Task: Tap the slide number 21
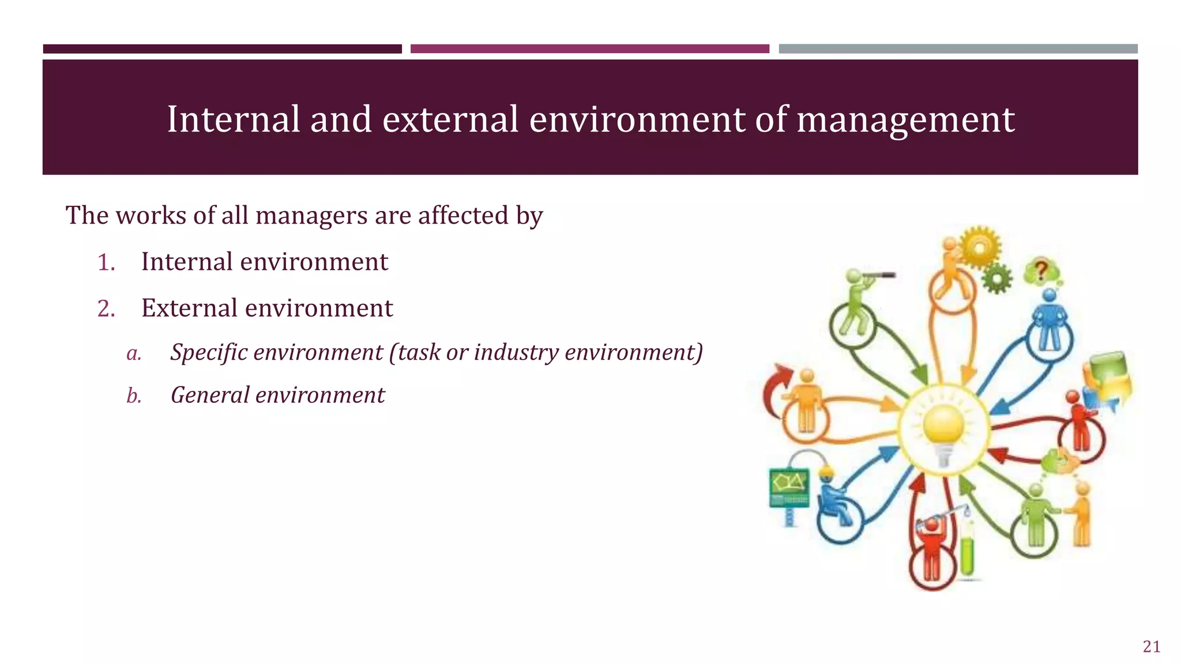tap(1151, 647)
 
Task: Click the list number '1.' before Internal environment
tap(106, 263)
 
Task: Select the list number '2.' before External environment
tap(106, 309)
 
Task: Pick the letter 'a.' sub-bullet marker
tap(134, 353)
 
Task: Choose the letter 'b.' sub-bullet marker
tap(134, 396)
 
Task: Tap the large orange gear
tap(979, 247)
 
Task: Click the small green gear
tap(996, 278)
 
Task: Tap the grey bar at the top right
tap(958, 49)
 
